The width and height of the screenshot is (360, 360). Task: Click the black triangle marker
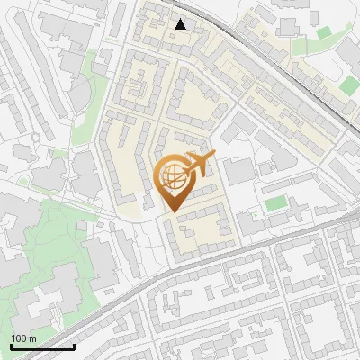(181, 24)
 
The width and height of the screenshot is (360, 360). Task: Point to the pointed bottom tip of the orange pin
(172, 212)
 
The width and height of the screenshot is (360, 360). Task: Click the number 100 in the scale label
(20, 338)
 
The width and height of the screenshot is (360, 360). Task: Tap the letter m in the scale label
(33, 338)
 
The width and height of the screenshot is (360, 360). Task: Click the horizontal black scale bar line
(42, 346)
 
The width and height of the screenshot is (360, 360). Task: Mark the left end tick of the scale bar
(11, 345)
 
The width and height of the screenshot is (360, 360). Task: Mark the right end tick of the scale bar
(74, 345)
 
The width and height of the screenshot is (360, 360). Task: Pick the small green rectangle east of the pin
(274, 203)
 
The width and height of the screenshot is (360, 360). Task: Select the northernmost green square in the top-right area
(324, 33)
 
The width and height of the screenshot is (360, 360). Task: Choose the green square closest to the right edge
(348, 87)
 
